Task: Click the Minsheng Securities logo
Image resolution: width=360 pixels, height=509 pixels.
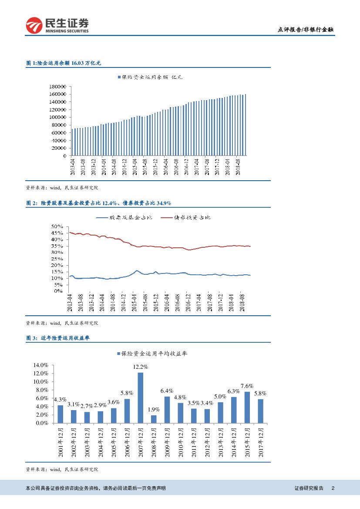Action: (x=57, y=25)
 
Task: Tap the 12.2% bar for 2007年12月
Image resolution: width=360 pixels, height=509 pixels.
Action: (x=140, y=398)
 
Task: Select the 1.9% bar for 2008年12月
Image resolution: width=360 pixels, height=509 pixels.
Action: (x=154, y=419)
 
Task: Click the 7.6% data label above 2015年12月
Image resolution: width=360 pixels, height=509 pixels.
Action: (x=247, y=386)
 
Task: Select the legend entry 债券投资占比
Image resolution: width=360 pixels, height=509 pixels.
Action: (x=186, y=217)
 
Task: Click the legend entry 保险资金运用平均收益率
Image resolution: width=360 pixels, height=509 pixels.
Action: (x=152, y=354)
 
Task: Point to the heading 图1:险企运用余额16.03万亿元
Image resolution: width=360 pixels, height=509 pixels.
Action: (x=64, y=63)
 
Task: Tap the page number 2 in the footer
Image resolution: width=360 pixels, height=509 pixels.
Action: (x=333, y=488)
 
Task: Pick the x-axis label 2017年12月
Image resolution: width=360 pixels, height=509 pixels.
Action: (x=261, y=442)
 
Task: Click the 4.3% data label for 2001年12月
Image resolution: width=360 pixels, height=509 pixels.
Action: (x=60, y=400)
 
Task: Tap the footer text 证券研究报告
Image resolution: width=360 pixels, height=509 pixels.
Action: (x=309, y=488)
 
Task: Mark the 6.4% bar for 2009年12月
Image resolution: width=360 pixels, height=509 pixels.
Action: (x=167, y=410)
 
